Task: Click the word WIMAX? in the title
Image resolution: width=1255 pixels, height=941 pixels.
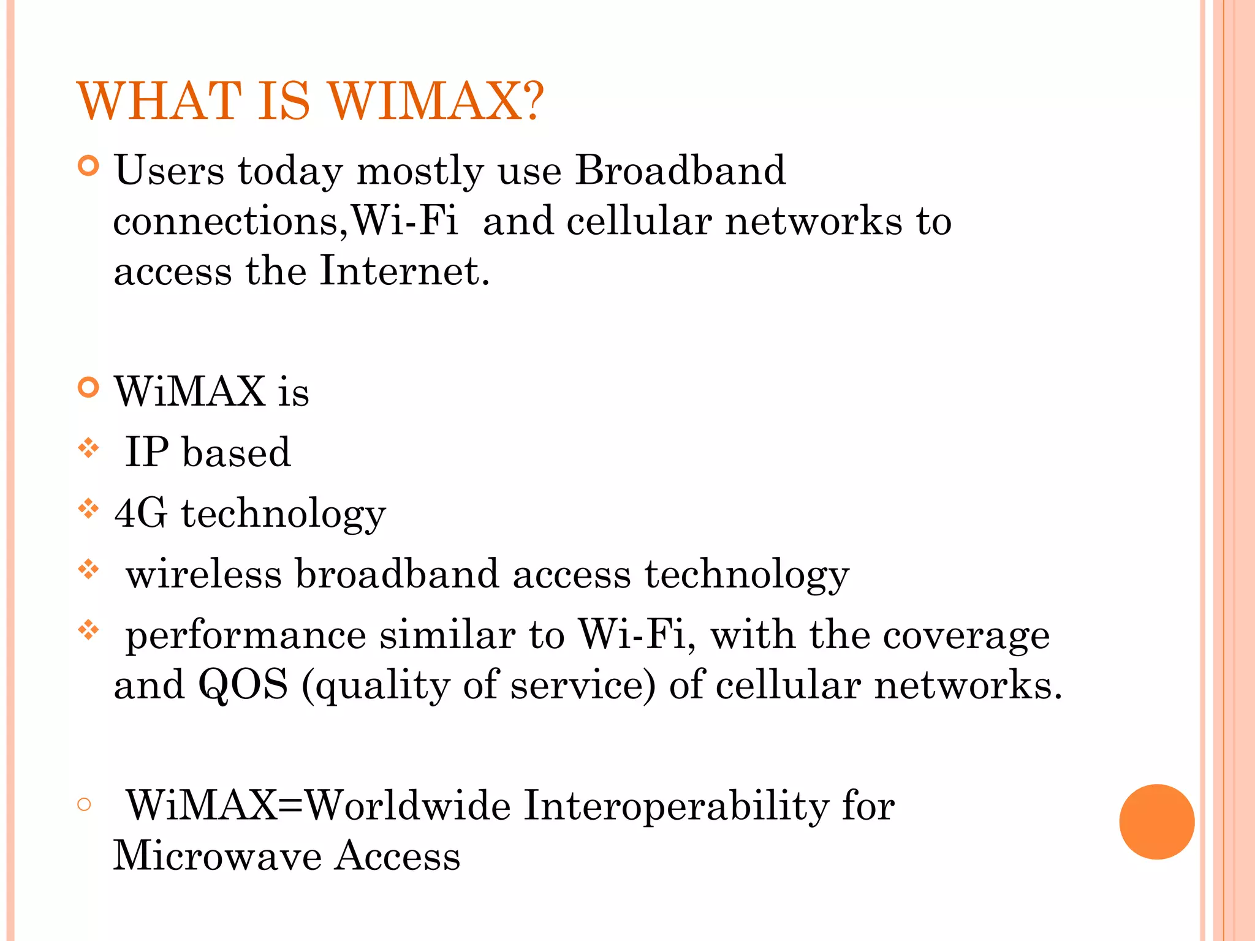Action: coord(435,101)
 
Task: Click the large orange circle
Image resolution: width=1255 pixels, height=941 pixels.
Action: coord(1156,822)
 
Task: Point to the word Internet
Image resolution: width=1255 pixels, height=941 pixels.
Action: coord(404,271)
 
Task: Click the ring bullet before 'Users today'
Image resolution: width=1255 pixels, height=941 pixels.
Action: coord(89,166)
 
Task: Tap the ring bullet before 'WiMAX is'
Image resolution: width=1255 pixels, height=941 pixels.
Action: coord(89,388)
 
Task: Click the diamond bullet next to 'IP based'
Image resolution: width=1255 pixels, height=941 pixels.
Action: coord(89,448)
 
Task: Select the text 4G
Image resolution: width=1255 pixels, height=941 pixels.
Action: coord(140,513)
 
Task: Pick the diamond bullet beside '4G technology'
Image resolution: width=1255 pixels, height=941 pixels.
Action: coord(89,508)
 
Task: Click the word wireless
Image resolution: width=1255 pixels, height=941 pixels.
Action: coord(203,575)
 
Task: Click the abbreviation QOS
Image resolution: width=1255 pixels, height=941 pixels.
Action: coord(243,685)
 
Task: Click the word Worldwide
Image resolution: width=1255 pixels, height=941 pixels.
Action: coord(408,806)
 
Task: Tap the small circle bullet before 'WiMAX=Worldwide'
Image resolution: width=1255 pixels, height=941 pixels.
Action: coord(85,804)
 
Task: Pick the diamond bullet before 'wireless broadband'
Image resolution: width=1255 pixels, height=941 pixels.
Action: coord(89,570)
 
